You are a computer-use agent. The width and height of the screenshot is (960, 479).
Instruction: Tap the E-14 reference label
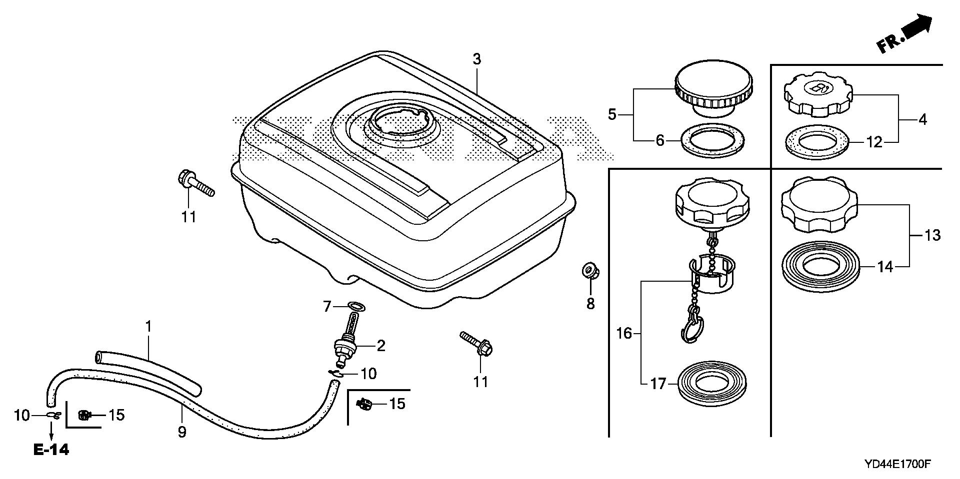pos(51,450)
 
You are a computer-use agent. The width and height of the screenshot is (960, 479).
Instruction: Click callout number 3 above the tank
pos(476,59)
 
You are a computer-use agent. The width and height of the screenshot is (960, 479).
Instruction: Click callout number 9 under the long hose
pos(182,432)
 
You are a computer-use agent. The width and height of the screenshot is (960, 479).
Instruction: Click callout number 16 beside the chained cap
pos(624,333)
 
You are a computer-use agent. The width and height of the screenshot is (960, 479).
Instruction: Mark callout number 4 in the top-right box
pos(922,119)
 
